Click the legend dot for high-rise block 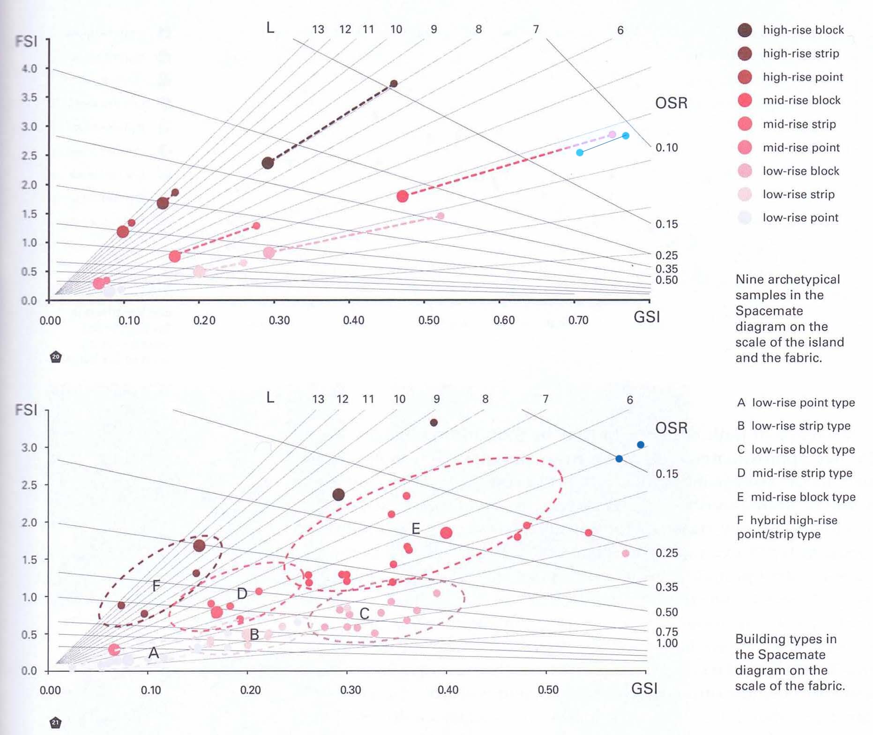[x=745, y=30]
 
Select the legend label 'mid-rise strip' [x=799, y=124]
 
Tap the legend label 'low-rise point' [x=800, y=218]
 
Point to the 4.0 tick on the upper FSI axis [x=29, y=68]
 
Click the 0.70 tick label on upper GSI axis [x=578, y=320]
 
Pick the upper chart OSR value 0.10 [x=666, y=148]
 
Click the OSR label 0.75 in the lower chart [x=666, y=632]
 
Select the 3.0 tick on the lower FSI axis [x=29, y=447]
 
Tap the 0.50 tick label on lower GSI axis [x=548, y=690]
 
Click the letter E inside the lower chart [x=416, y=529]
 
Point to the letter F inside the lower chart [x=157, y=586]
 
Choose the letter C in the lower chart [x=364, y=614]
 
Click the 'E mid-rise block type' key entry [x=796, y=497]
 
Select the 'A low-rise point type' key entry [x=796, y=403]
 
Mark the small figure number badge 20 [x=56, y=357]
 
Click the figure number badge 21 [x=56, y=722]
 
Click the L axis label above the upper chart [x=270, y=28]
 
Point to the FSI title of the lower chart [x=26, y=410]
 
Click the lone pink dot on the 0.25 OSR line [x=625, y=553]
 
